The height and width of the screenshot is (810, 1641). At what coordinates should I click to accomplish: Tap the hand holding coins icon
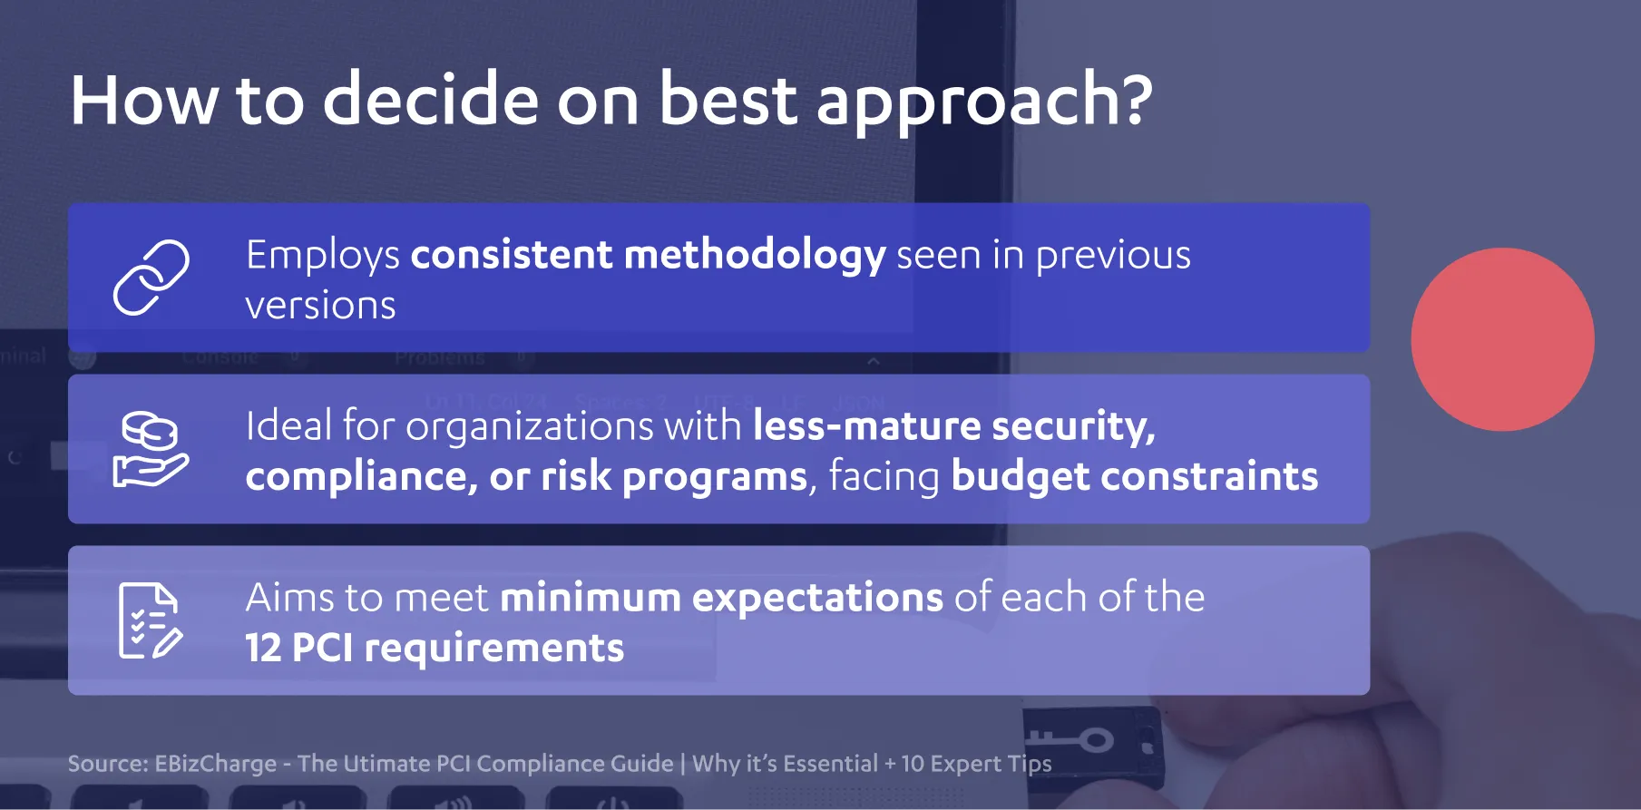[151, 449]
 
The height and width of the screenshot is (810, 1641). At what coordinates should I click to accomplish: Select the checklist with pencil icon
[151, 620]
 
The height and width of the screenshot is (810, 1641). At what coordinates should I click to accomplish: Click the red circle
[1502, 339]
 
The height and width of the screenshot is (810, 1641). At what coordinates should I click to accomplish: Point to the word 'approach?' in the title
[984, 102]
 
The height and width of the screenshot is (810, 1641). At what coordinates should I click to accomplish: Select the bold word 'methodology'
[755, 256]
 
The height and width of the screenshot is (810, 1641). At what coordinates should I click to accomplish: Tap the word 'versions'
[320, 306]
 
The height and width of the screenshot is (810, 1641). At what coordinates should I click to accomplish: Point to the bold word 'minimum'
[591, 597]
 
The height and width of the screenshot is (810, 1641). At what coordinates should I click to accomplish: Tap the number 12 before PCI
[263, 649]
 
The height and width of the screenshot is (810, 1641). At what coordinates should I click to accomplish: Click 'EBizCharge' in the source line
[215, 764]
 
